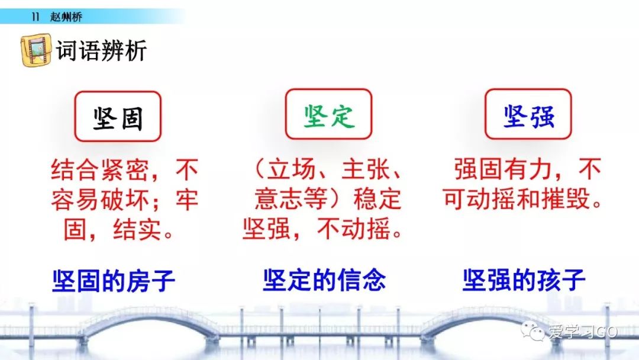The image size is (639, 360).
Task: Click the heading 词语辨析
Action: (102, 50)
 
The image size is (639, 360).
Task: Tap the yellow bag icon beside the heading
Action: (36, 50)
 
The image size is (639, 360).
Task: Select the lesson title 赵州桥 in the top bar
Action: (66, 17)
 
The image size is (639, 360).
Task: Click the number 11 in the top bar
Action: (35, 17)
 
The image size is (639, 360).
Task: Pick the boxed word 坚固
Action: (118, 117)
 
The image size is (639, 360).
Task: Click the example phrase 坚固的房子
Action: (114, 281)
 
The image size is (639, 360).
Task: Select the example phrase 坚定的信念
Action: (324, 280)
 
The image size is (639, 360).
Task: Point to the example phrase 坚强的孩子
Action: (524, 280)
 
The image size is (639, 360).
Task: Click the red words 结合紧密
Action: (99, 169)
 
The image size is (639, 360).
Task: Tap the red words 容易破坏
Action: (100, 200)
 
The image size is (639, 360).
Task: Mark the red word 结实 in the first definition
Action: (137, 230)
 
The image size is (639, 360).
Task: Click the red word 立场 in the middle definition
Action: (291, 169)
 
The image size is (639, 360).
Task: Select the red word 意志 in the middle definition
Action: (279, 200)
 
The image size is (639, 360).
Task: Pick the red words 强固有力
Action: (503, 169)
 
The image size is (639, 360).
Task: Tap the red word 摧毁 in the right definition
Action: (565, 200)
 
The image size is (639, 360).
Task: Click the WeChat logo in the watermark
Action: (532, 330)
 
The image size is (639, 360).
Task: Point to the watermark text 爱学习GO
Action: (583, 332)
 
